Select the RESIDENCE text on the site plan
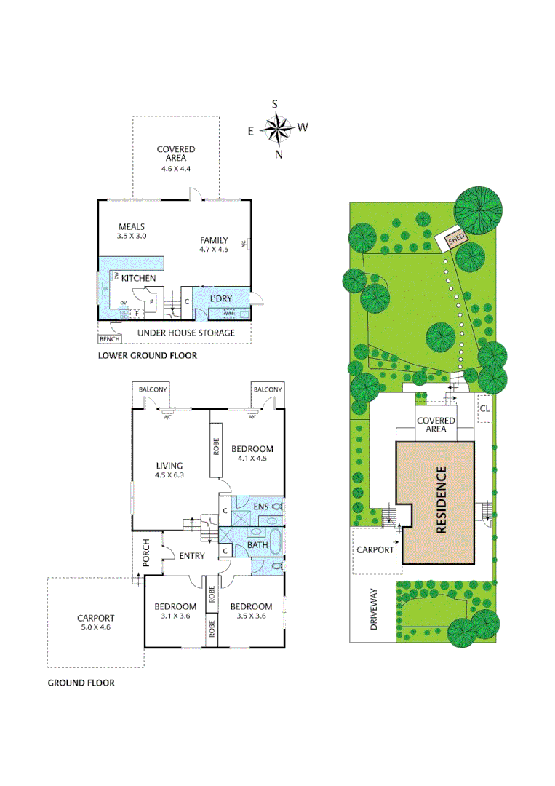click(441, 501)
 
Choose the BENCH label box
click(108, 339)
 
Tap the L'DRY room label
click(220, 299)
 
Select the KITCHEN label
click(138, 279)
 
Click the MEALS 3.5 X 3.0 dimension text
click(132, 236)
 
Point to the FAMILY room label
click(214, 240)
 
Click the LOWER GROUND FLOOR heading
click(148, 357)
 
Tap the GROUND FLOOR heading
click(81, 683)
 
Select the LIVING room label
click(169, 466)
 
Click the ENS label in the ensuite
click(260, 505)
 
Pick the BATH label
click(258, 544)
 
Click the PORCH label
click(145, 555)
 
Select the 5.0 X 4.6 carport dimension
click(97, 627)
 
